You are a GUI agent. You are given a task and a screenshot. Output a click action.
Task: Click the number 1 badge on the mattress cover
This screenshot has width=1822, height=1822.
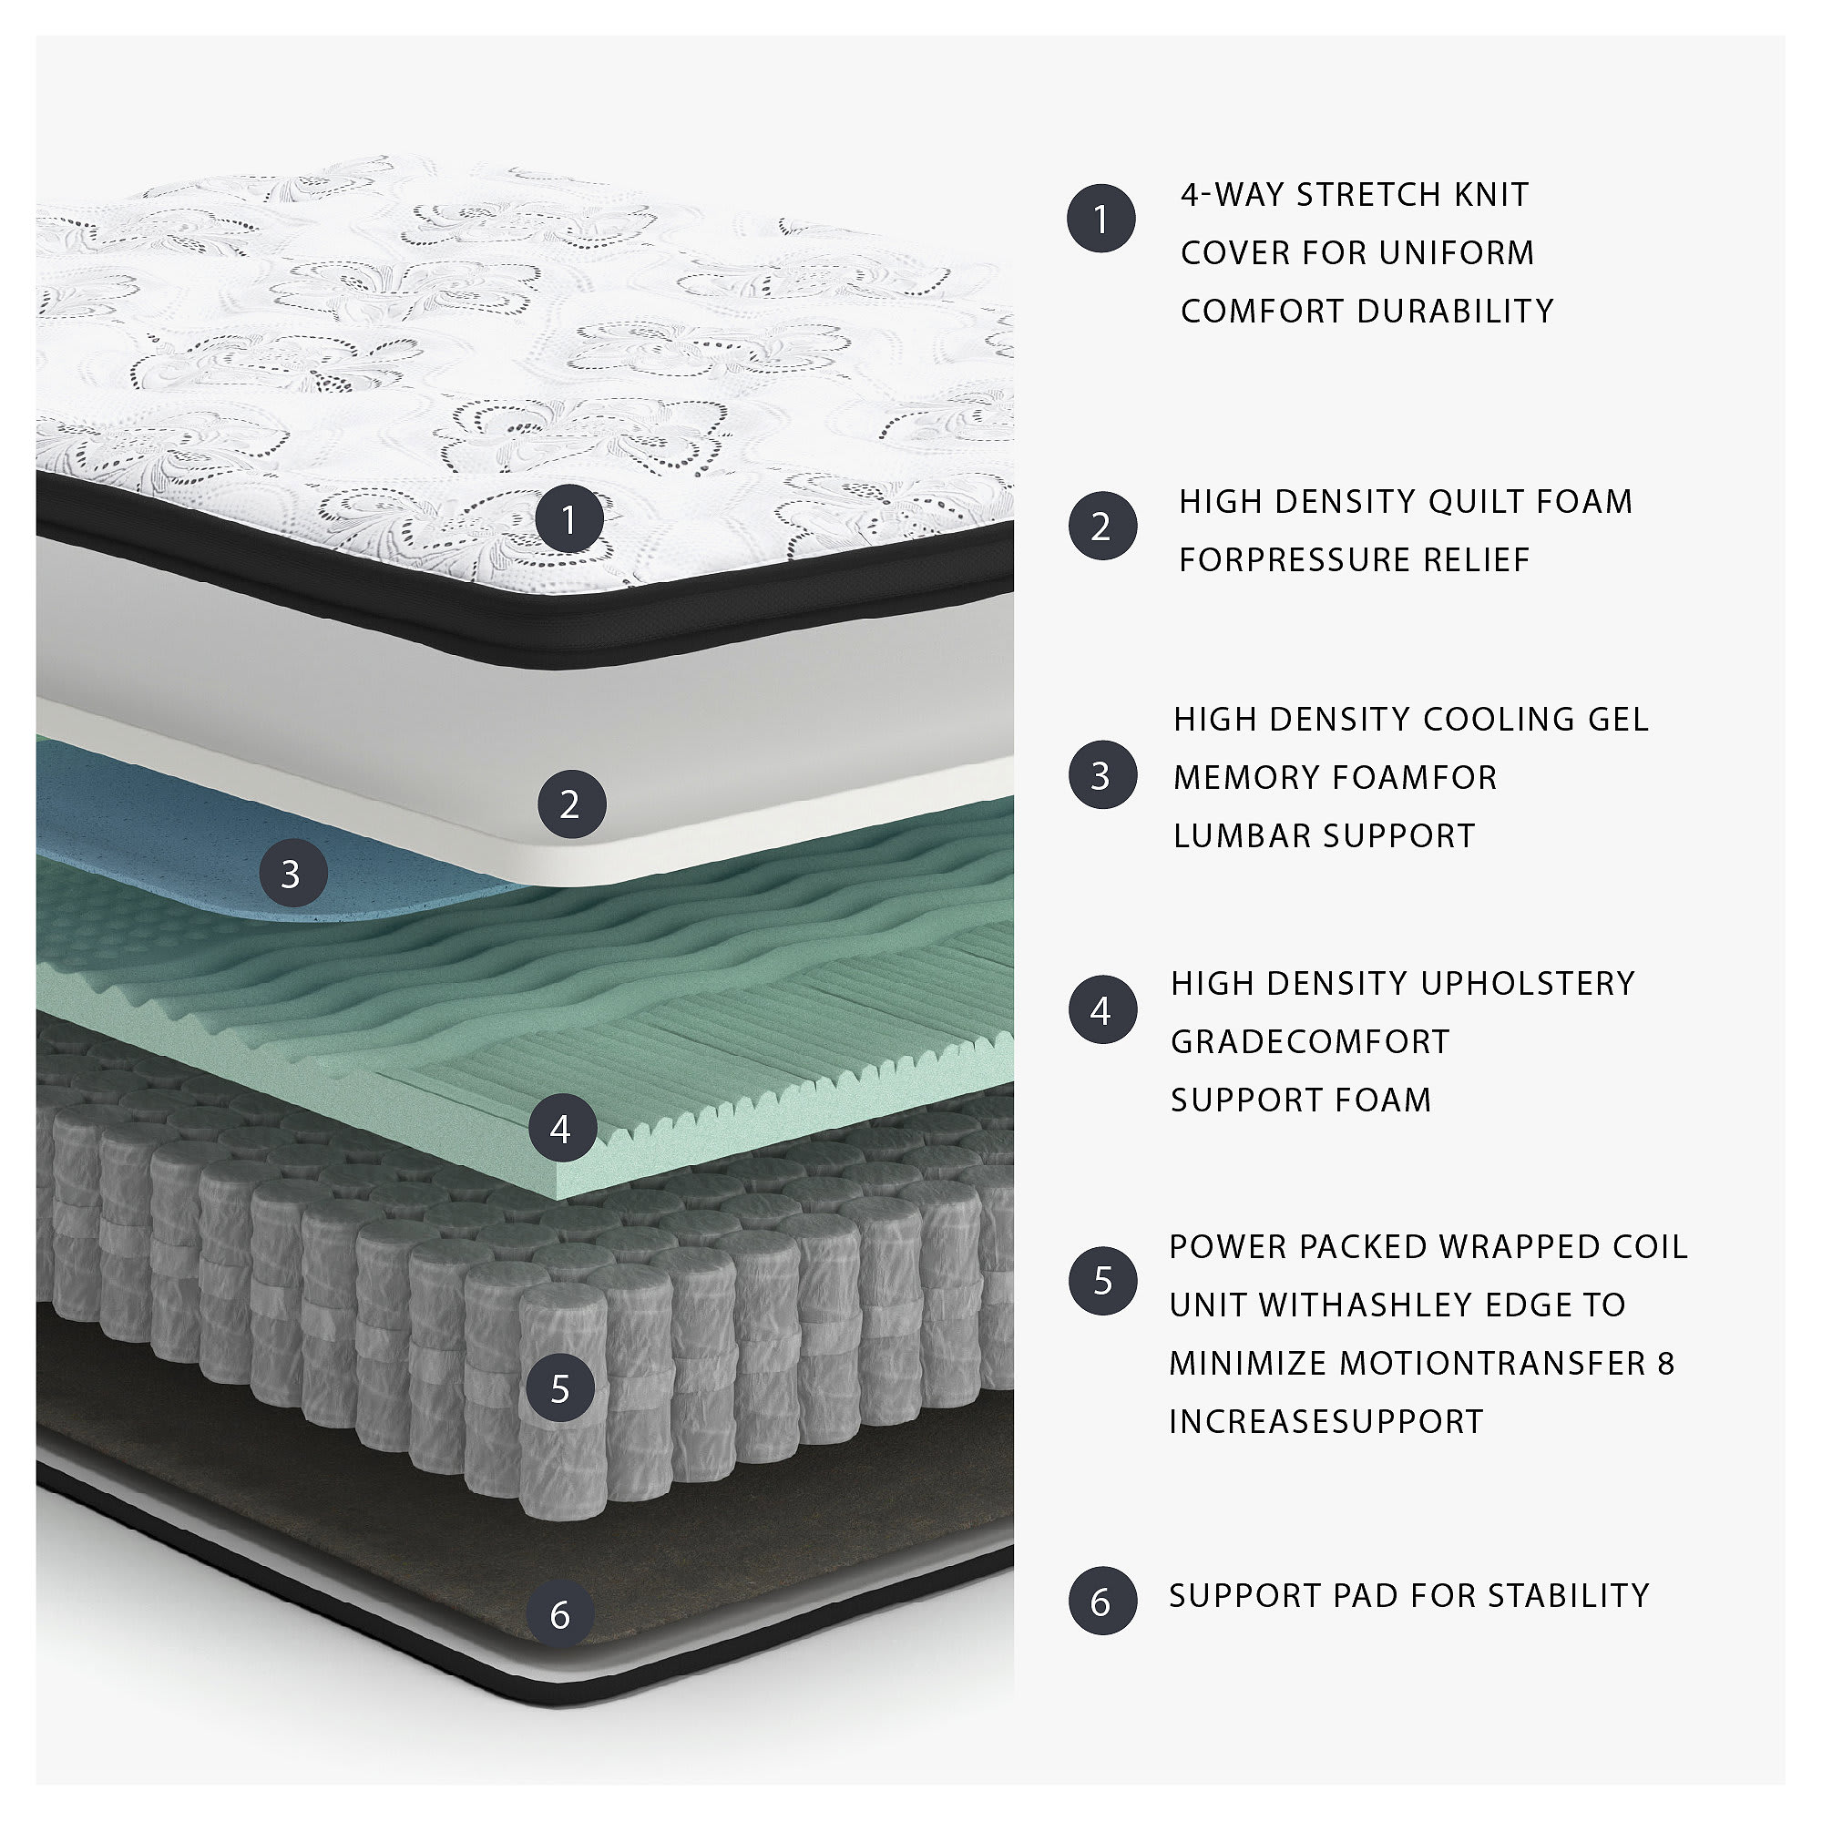point(568,518)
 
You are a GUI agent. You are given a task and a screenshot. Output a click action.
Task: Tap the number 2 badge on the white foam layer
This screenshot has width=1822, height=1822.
point(570,804)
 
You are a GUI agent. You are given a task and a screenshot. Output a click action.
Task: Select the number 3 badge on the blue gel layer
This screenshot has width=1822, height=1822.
point(292,874)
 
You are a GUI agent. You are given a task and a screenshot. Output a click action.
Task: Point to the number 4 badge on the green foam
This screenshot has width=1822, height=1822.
point(562,1128)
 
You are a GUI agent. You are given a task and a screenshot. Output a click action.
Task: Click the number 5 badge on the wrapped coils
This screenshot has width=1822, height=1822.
point(561,1388)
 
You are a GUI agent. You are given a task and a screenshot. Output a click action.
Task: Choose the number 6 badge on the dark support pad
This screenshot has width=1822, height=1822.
point(561,1615)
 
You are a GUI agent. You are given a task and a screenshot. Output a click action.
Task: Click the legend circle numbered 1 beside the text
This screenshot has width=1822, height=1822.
point(1100,219)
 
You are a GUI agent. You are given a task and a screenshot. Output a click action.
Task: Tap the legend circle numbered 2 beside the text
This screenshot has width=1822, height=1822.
point(1101,527)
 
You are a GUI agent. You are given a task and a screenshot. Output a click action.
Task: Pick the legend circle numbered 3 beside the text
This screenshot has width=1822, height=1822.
point(1101,775)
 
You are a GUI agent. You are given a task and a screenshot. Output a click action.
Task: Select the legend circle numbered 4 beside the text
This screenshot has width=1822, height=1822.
point(1101,1011)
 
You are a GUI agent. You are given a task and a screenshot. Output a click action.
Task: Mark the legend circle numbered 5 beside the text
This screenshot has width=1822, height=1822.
point(1101,1281)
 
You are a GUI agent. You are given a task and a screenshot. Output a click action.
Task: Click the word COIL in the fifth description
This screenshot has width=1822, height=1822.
point(1649,1247)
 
